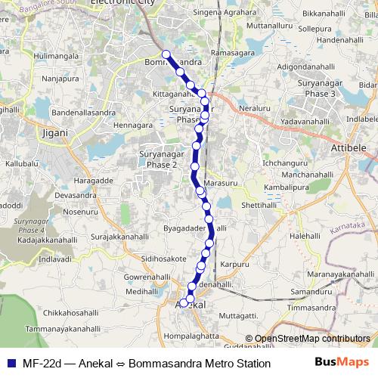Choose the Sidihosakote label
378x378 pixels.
tap(158, 258)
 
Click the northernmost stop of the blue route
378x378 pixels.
tap(166, 54)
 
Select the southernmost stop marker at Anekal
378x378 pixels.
tap(183, 303)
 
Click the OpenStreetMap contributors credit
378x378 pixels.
tap(308, 339)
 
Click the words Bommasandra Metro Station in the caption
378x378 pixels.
tap(205, 364)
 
